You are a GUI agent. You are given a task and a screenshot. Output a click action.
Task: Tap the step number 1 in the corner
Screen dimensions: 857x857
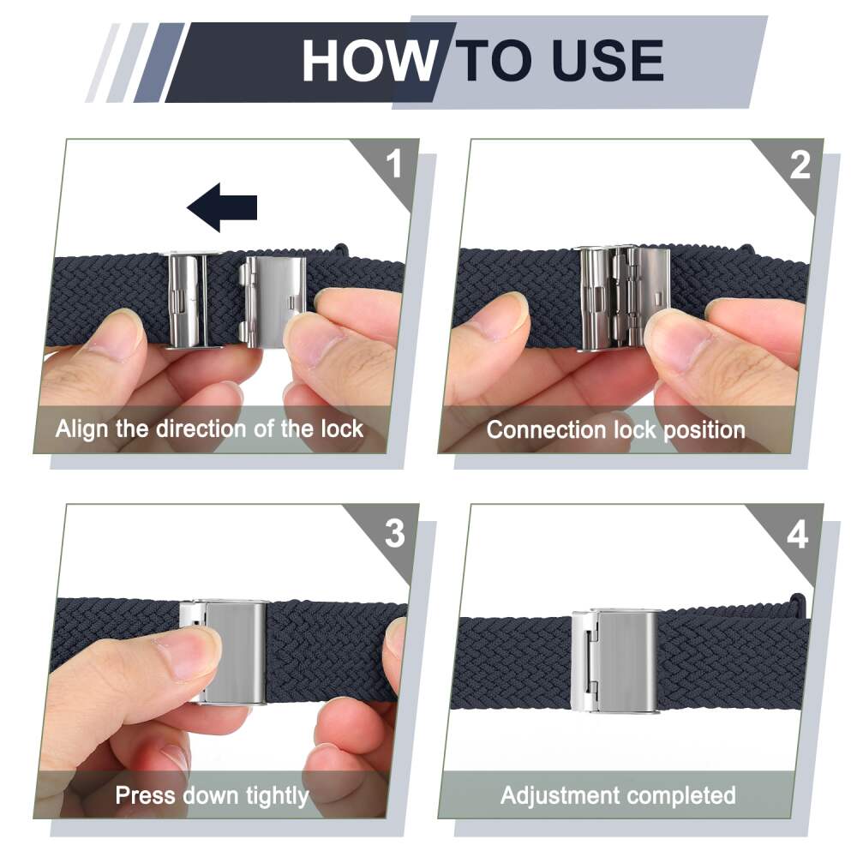(393, 164)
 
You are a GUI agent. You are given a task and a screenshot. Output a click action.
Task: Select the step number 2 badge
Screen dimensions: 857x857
(800, 165)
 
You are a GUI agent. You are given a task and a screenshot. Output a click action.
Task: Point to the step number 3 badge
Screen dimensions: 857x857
(394, 533)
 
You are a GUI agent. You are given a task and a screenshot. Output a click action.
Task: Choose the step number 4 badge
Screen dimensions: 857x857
(798, 535)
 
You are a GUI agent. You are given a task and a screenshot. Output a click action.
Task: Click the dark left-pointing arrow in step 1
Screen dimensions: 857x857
(222, 207)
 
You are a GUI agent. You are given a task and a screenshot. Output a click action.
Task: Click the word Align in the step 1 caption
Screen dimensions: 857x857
(81, 429)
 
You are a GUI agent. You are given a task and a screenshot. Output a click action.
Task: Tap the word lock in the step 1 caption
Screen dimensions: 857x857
(342, 428)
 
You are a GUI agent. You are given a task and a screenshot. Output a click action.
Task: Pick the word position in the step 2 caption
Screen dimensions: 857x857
(704, 431)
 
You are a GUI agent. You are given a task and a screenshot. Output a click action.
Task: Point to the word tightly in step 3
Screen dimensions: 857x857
(277, 796)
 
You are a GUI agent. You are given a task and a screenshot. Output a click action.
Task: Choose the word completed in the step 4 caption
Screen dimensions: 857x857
(674, 796)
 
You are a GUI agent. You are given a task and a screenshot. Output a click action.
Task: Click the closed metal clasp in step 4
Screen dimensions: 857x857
(615, 662)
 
